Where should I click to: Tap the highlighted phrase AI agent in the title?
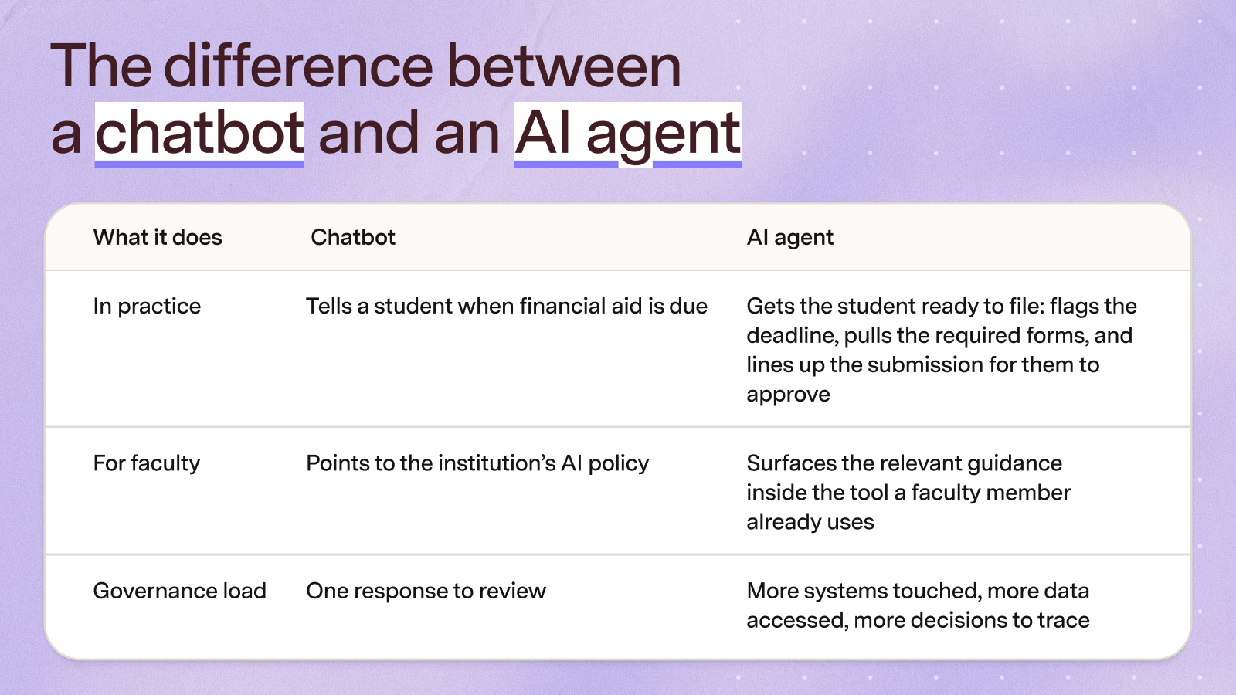pyautogui.click(x=627, y=135)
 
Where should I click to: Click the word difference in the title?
pyautogui.click(x=298, y=66)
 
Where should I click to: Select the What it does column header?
pyautogui.click(x=158, y=237)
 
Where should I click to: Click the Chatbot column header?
pyautogui.click(x=353, y=237)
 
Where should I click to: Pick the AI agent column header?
pyautogui.click(x=789, y=238)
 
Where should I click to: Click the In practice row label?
pyautogui.click(x=147, y=307)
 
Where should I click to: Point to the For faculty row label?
pyautogui.click(x=147, y=463)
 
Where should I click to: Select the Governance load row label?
pyautogui.click(x=180, y=591)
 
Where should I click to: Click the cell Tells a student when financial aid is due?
pyautogui.click(x=507, y=306)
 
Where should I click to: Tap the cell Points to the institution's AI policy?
pyautogui.click(x=477, y=464)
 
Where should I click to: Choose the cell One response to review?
pyautogui.click(x=426, y=592)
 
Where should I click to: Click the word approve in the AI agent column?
pyautogui.click(x=788, y=395)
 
